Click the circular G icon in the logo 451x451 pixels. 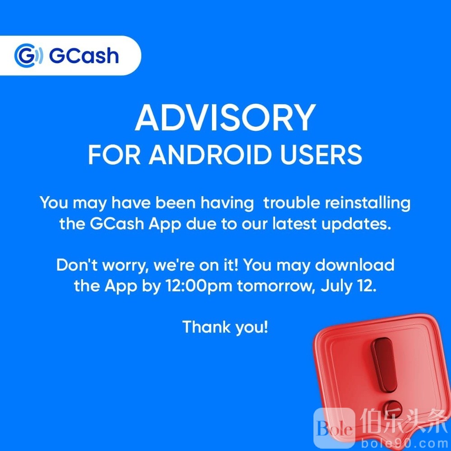[x=28, y=55]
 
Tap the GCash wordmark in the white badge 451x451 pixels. [x=84, y=55]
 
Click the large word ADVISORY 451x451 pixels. [x=225, y=118]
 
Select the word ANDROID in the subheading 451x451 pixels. [x=210, y=155]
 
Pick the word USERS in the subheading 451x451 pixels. [x=321, y=155]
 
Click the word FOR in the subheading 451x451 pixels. [x=114, y=155]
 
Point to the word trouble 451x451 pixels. [x=292, y=202]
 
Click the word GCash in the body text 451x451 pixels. [x=117, y=224]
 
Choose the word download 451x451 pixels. [x=354, y=265]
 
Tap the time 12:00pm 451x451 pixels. [x=199, y=286]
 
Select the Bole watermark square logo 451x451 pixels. [x=334, y=428]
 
